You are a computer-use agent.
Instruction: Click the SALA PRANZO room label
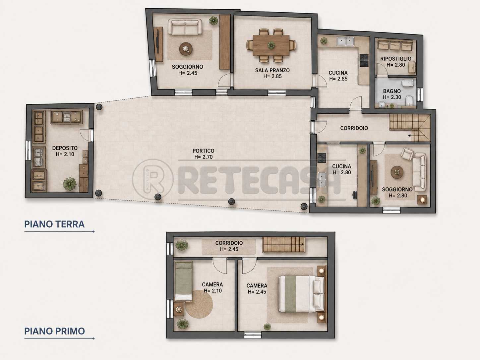click(272, 70)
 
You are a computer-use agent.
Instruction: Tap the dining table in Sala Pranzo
click(271, 45)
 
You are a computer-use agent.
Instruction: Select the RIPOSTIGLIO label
click(395, 59)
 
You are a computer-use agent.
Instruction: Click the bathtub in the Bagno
click(408, 83)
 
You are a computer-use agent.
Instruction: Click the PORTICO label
click(204, 150)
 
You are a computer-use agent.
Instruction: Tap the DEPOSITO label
click(65, 148)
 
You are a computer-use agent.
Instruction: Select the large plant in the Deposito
click(70, 184)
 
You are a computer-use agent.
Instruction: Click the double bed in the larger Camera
click(301, 294)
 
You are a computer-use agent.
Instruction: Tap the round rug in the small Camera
click(199, 304)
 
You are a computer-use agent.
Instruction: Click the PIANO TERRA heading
click(54, 224)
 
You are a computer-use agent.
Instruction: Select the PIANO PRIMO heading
click(54, 331)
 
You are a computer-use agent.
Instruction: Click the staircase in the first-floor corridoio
click(284, 245)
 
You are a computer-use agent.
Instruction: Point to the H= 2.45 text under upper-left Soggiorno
click(188, 73)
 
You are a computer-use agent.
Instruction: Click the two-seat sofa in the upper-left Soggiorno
click(185, 27)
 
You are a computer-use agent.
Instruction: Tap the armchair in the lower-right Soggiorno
click(407, 153)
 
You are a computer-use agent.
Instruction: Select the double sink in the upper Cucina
click(345, 41)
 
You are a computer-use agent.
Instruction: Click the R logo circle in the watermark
click(153, 180)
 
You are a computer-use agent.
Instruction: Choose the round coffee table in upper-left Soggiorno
click(186, 49)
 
